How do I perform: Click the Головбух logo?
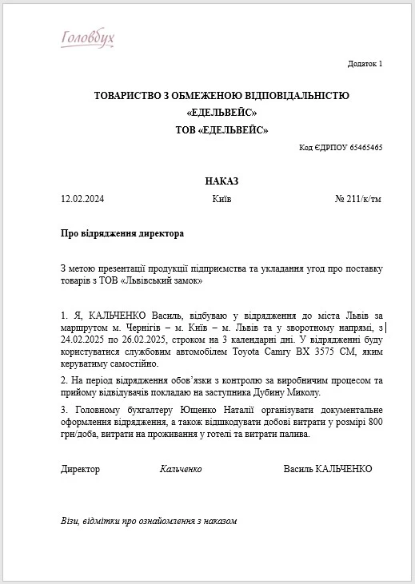(88, 38)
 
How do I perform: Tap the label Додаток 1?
(365, 63)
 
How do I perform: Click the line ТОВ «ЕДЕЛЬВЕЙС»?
(221, 129)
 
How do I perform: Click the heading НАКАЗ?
(221, 181)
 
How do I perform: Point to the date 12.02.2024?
(82, 198)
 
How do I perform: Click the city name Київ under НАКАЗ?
(222, 198)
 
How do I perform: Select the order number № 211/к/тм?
(358, 198)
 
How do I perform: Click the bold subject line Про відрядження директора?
(122, 233)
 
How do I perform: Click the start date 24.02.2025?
(86, 340)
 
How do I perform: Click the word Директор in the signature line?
(81, 469)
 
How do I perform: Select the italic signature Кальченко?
(181, 469)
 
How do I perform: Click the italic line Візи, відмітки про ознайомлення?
(149, 521)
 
